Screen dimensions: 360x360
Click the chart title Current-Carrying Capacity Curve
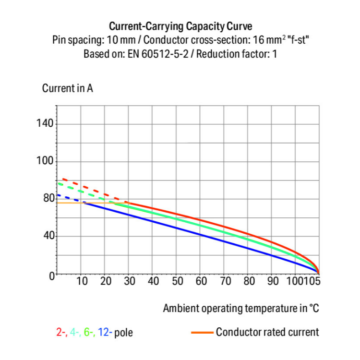point(180,26)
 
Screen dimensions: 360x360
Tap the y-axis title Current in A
point(67,89)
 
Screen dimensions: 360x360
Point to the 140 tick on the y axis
point(46,124)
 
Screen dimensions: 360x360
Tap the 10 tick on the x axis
point(82,281)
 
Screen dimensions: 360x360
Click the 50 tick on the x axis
point(177,281)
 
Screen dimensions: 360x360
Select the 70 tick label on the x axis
point(225,281)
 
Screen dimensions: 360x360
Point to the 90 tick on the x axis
point(272,281)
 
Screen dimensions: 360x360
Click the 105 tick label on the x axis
point(312,281)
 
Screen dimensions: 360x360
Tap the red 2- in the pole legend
point(61,332)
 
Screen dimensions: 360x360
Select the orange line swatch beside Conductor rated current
point(202,332)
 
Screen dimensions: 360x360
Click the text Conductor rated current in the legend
point(267,332)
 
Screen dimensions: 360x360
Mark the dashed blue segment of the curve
point(67,198)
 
